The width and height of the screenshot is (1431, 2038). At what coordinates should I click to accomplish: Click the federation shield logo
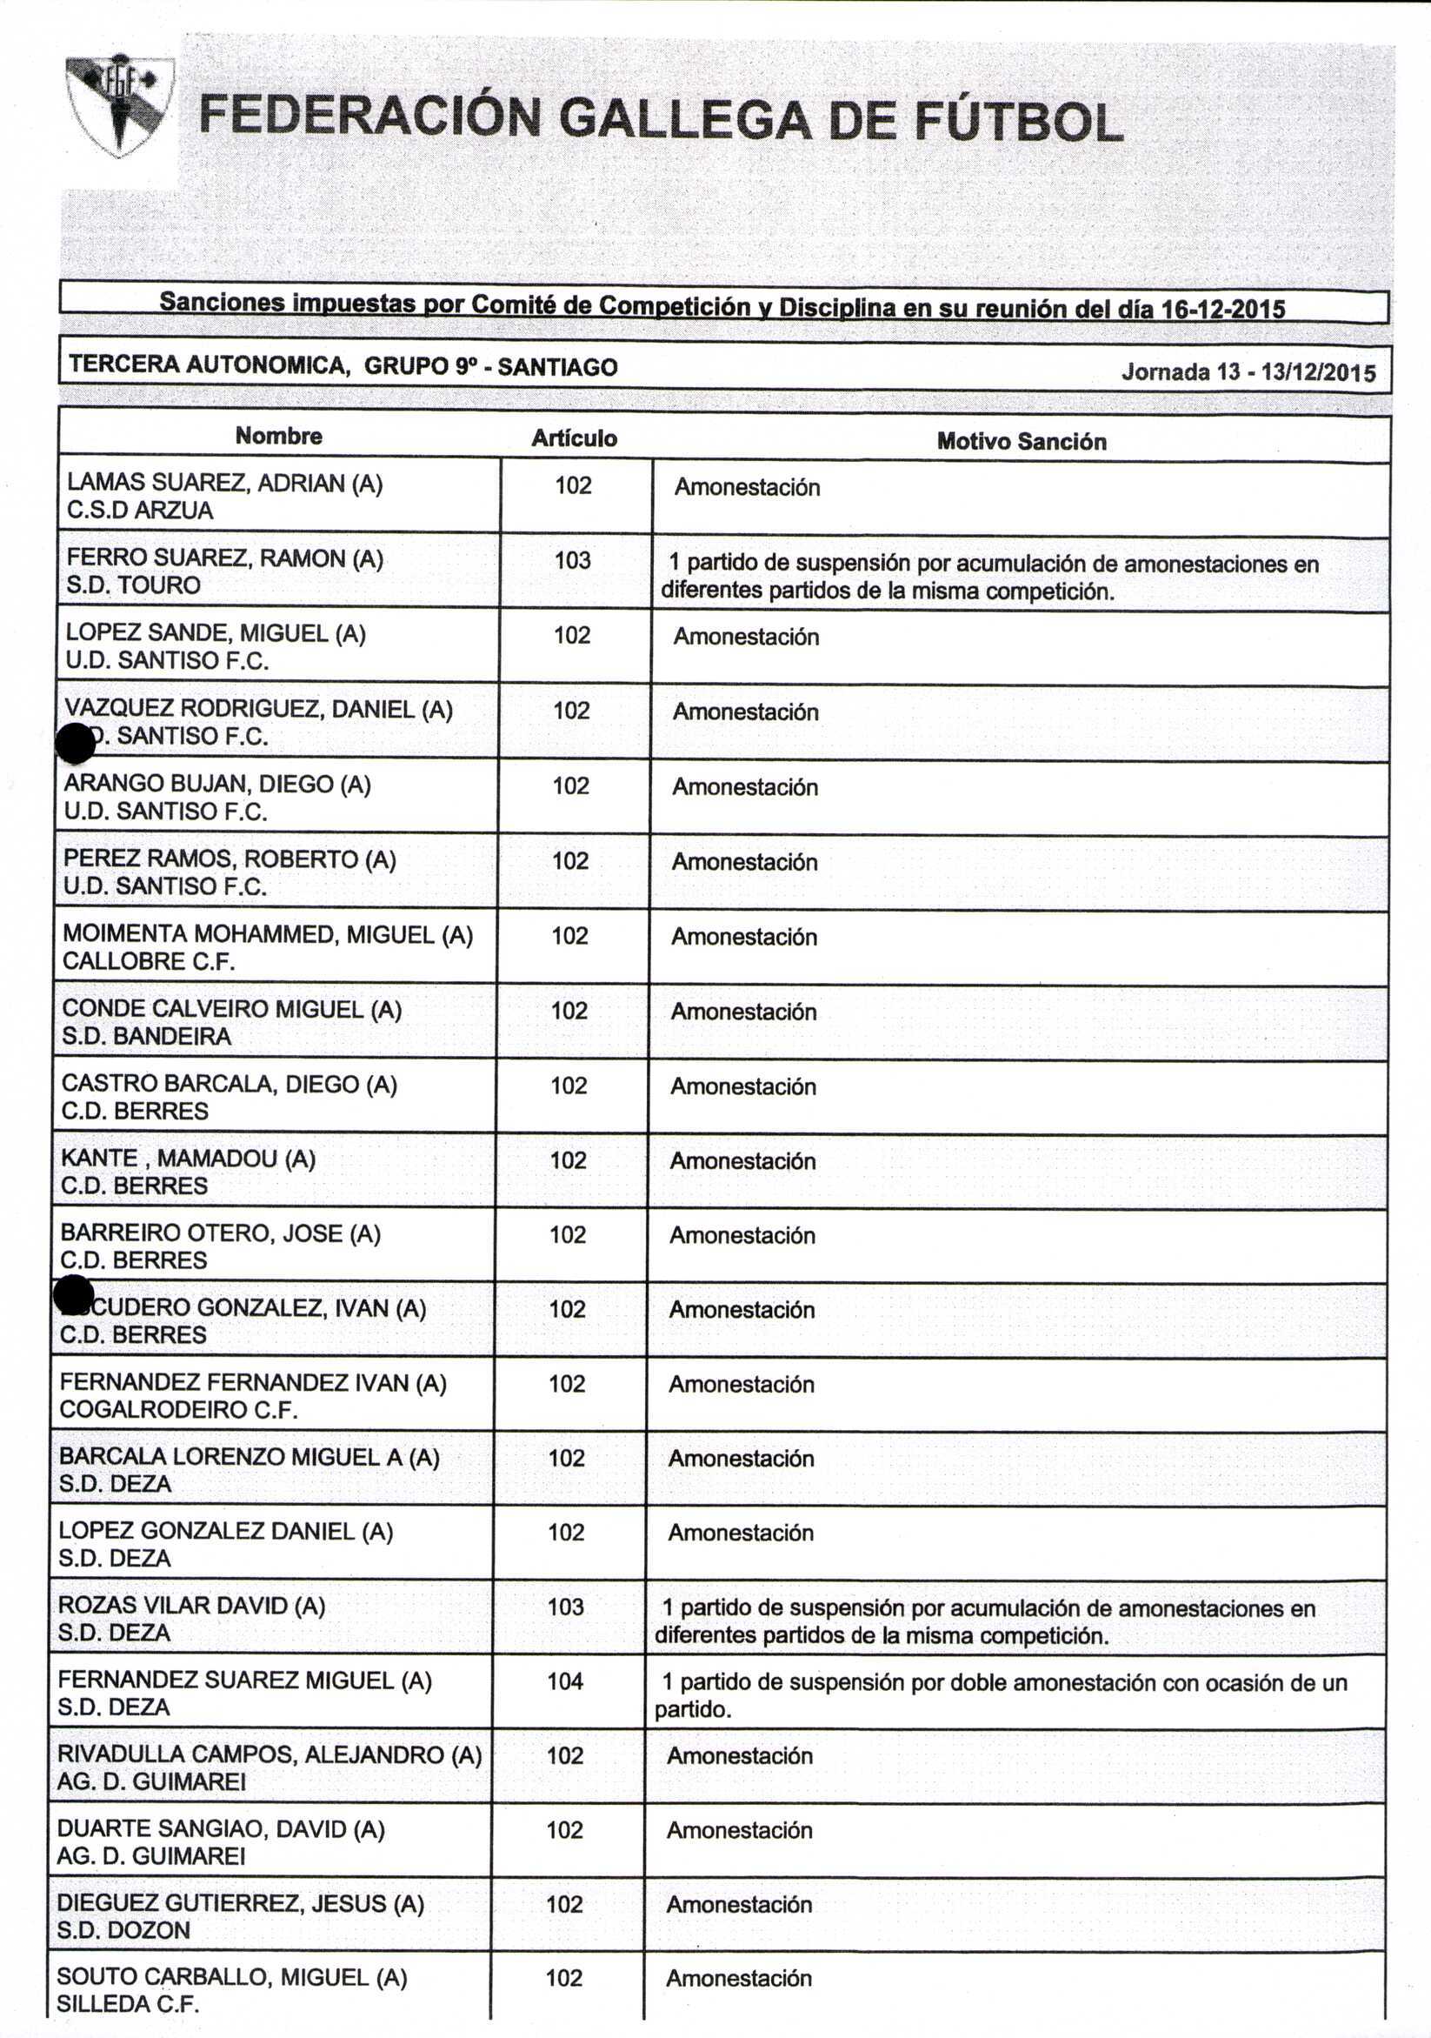(x=120, y=104)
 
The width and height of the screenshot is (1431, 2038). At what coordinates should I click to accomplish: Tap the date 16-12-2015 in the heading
(x=1222, y=309)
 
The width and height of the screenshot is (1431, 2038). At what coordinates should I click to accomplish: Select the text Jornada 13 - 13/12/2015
(x=1248, y=372)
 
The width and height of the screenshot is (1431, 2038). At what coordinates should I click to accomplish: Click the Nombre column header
(x=278, y=436)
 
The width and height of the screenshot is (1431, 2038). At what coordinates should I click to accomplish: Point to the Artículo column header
(x=574, y=438)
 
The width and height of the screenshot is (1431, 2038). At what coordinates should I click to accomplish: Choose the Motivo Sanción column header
(x=1022, y=442)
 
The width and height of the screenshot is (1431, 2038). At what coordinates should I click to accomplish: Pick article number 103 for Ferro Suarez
(x=572, y=560)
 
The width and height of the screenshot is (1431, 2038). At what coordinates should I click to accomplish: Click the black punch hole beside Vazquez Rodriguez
(x=76, y=743)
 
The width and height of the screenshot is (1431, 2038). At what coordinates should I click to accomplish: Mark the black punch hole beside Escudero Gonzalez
(x=74, y=1295)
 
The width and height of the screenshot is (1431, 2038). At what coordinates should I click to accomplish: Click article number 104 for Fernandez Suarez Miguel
(x=565, y=1681)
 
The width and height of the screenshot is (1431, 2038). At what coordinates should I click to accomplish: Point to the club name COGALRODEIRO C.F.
(x=177, y=1410)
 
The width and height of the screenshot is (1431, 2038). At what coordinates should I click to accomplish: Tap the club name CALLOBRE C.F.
(x=148, y=961)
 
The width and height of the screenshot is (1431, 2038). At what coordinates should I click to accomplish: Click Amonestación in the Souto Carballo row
(x=738, y=1978)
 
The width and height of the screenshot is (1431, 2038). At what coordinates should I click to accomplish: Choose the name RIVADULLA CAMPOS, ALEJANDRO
(x=269, y=1754)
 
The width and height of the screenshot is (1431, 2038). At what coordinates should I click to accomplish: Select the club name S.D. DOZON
(x=123, y=1930)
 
